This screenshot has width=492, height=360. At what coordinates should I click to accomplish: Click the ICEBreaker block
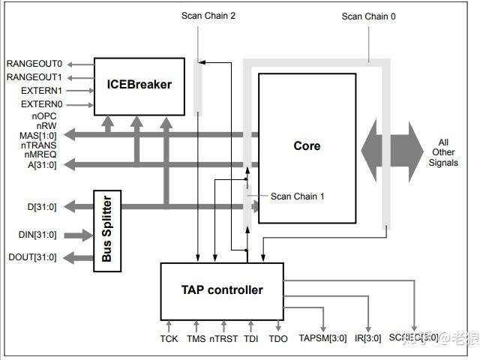point(139,85)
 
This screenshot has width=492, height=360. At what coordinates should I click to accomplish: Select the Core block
point(307,146)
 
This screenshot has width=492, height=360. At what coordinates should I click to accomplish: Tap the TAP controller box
point(222,290)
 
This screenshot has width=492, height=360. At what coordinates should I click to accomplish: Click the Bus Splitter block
point(106,231)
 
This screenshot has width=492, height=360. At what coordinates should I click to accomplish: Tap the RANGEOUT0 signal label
point(34,64)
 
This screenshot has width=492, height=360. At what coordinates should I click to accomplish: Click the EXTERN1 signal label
point(41,91)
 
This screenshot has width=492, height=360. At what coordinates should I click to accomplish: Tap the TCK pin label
point(169,338)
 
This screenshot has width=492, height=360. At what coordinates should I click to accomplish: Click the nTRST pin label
point(223,338)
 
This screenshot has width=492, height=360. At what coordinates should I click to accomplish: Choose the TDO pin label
point(278,338)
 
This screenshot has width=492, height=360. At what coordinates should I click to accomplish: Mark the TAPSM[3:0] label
point(322,338)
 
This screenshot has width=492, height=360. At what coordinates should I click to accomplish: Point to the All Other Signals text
point(445,152)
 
